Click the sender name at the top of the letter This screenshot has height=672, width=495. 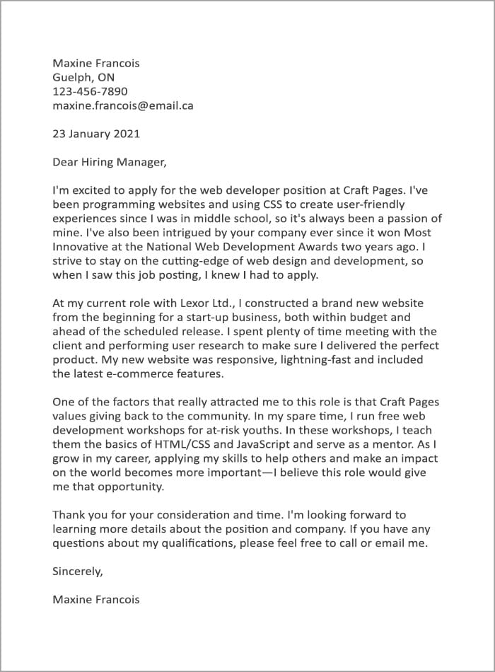[x=96, y=63]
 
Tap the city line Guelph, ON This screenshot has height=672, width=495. [x=83, y=77]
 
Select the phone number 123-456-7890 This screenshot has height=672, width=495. [x=90, y=91]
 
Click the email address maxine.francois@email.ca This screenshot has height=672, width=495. [x=123, y=105]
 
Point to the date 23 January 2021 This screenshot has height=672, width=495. [x=96, y=133]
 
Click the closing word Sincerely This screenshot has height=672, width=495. [x=78, y=571]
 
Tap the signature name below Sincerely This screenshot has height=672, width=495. [x=96, y=599]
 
